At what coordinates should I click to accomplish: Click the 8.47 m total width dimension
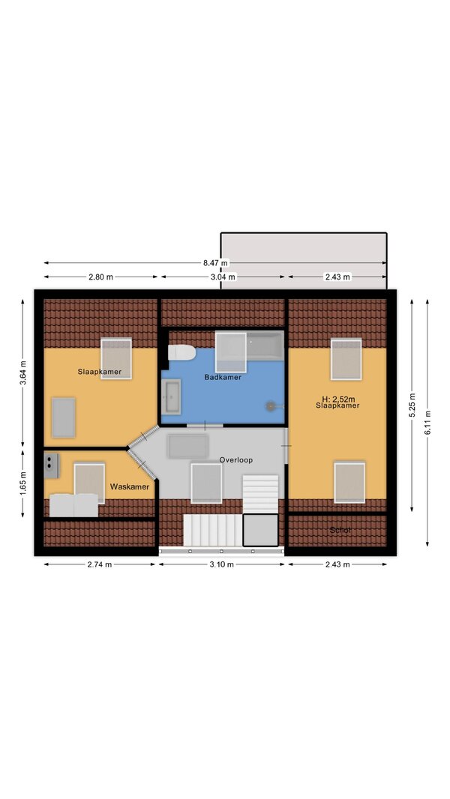pyautogui.click(x=215, y=263)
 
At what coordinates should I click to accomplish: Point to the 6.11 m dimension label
pyautogui.click(x=427, y=423)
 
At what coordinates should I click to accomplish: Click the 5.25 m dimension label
pyautogui.click(x=412, y=405)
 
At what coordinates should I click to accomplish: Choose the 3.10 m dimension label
pyautogui.click(x=222, y=564)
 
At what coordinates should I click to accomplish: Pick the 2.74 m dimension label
pyautogui.click(x=100, y=564)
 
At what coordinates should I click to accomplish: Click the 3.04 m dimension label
pyautogui.click(x=223, y=277)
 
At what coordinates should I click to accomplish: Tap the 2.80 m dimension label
pyautogui.click(x=101, y=277)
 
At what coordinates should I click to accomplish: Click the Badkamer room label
pyautogui.click(x=223, y=378)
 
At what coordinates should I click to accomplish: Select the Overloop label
pyautogui.click(x=236, y=459)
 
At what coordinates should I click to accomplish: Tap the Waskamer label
pyautogui.click(x=130, y=486)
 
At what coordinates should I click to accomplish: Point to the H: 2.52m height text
pyautogui.click(x=337, y=399)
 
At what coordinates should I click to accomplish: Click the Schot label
pyautogui.click(x=340, y=530)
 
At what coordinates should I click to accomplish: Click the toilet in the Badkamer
pyautogui.click(x=182, y=352)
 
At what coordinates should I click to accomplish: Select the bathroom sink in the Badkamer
pyautogui.click(x=171, y=397)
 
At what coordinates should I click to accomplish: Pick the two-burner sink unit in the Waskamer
pyautogui.click(x=51, y=465)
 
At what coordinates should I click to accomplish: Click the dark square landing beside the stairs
pyautogui.click(x=260, y=530)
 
